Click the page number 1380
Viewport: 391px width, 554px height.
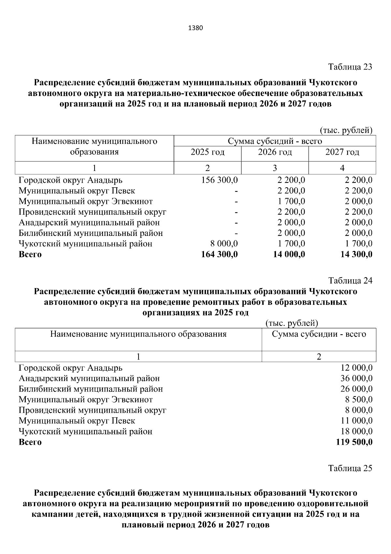(195, 28)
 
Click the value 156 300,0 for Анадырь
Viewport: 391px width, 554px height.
(220, 180)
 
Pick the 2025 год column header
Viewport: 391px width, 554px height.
(208, 152)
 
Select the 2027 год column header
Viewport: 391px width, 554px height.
(342, 152)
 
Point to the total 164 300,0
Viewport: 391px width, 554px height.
(220, 254)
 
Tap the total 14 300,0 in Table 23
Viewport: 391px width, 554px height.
(356, 254)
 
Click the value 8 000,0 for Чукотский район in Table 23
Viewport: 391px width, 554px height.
(224, 244)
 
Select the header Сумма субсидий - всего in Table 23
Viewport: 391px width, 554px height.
(275, 141)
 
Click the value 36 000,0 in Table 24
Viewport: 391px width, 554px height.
(356, 378)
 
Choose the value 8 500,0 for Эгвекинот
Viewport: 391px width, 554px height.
(359, 400)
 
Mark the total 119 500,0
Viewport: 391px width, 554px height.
(354, 442)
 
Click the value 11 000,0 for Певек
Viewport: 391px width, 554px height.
(356, 421)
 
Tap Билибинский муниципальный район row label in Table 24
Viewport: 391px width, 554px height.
(91, 389)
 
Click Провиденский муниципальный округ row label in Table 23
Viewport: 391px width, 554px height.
(93, 212)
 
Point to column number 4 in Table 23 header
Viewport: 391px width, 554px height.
(342, 168)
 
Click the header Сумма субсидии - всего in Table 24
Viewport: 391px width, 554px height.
(319, 334)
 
